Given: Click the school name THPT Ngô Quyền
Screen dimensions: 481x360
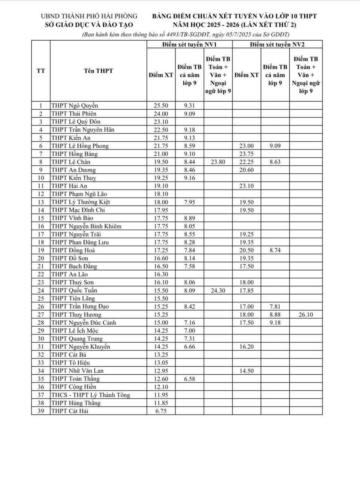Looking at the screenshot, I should [74, 106].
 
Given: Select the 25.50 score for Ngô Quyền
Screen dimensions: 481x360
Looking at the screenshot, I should [161, 106].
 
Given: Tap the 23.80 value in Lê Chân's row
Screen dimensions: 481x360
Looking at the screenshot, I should [218, 162].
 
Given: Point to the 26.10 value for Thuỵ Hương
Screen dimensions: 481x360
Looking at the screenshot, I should [306, 315].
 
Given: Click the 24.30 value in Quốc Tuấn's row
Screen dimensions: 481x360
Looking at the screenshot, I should [218, 290].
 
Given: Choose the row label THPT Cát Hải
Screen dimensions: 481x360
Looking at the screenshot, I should [70, 411].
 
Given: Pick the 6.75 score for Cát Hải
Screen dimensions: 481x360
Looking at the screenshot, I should [161, 411].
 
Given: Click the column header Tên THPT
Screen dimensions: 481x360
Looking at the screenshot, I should [98, 71].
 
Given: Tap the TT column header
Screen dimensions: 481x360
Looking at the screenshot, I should [41, 71].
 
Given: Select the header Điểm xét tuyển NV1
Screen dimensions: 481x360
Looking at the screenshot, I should [189, 44].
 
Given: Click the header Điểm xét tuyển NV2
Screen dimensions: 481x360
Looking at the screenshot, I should [277, 44].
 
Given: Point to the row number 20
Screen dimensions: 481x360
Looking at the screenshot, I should [41, 258].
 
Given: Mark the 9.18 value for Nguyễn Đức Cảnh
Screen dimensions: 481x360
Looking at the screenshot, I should [275, 323].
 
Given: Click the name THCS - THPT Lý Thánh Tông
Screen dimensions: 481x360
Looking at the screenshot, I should [91, 395].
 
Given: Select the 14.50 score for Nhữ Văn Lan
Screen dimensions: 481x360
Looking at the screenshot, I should [246, 371].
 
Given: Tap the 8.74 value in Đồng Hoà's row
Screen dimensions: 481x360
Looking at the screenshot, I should [275, 250].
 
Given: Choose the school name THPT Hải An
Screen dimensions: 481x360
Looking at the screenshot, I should [69, 186].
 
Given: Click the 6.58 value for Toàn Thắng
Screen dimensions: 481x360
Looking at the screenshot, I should [189, 379].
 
